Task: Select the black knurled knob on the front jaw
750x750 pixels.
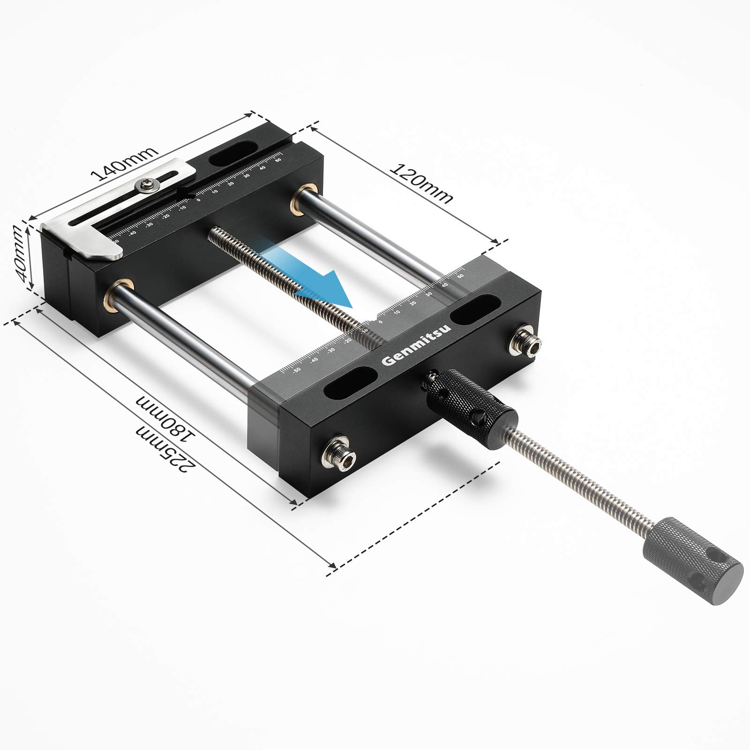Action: tap(469, 401)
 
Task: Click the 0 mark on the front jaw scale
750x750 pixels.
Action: tap(380, 322)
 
